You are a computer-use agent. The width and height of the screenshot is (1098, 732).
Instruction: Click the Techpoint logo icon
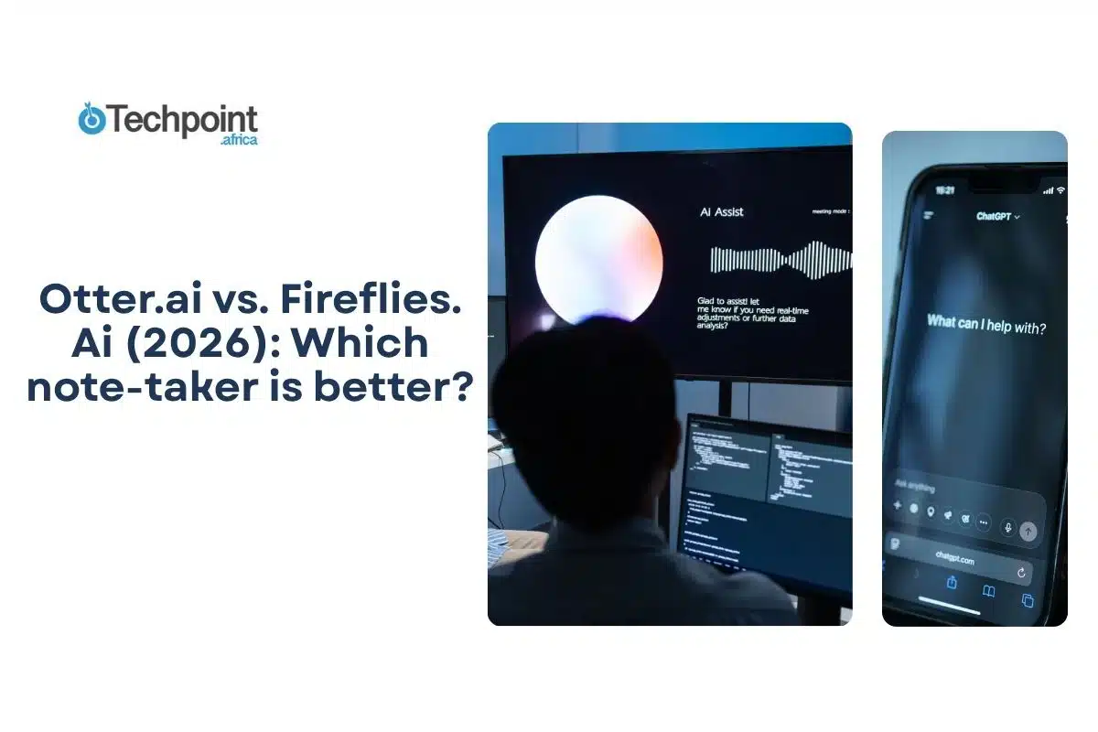[x=91, y=121]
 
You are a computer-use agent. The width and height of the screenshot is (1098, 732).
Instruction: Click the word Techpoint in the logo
[x=183, y=121]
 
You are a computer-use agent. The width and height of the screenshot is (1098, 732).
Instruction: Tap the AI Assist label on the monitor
[x=722, y=211]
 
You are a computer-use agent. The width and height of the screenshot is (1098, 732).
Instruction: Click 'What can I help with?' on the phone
[x=986, y=323]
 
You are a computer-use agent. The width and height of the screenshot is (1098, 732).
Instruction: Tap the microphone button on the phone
[x=1007, y=527]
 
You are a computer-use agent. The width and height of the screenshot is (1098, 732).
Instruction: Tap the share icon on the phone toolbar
[x=952, y=583]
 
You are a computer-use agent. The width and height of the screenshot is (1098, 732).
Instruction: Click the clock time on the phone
[x=944, y=189]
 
